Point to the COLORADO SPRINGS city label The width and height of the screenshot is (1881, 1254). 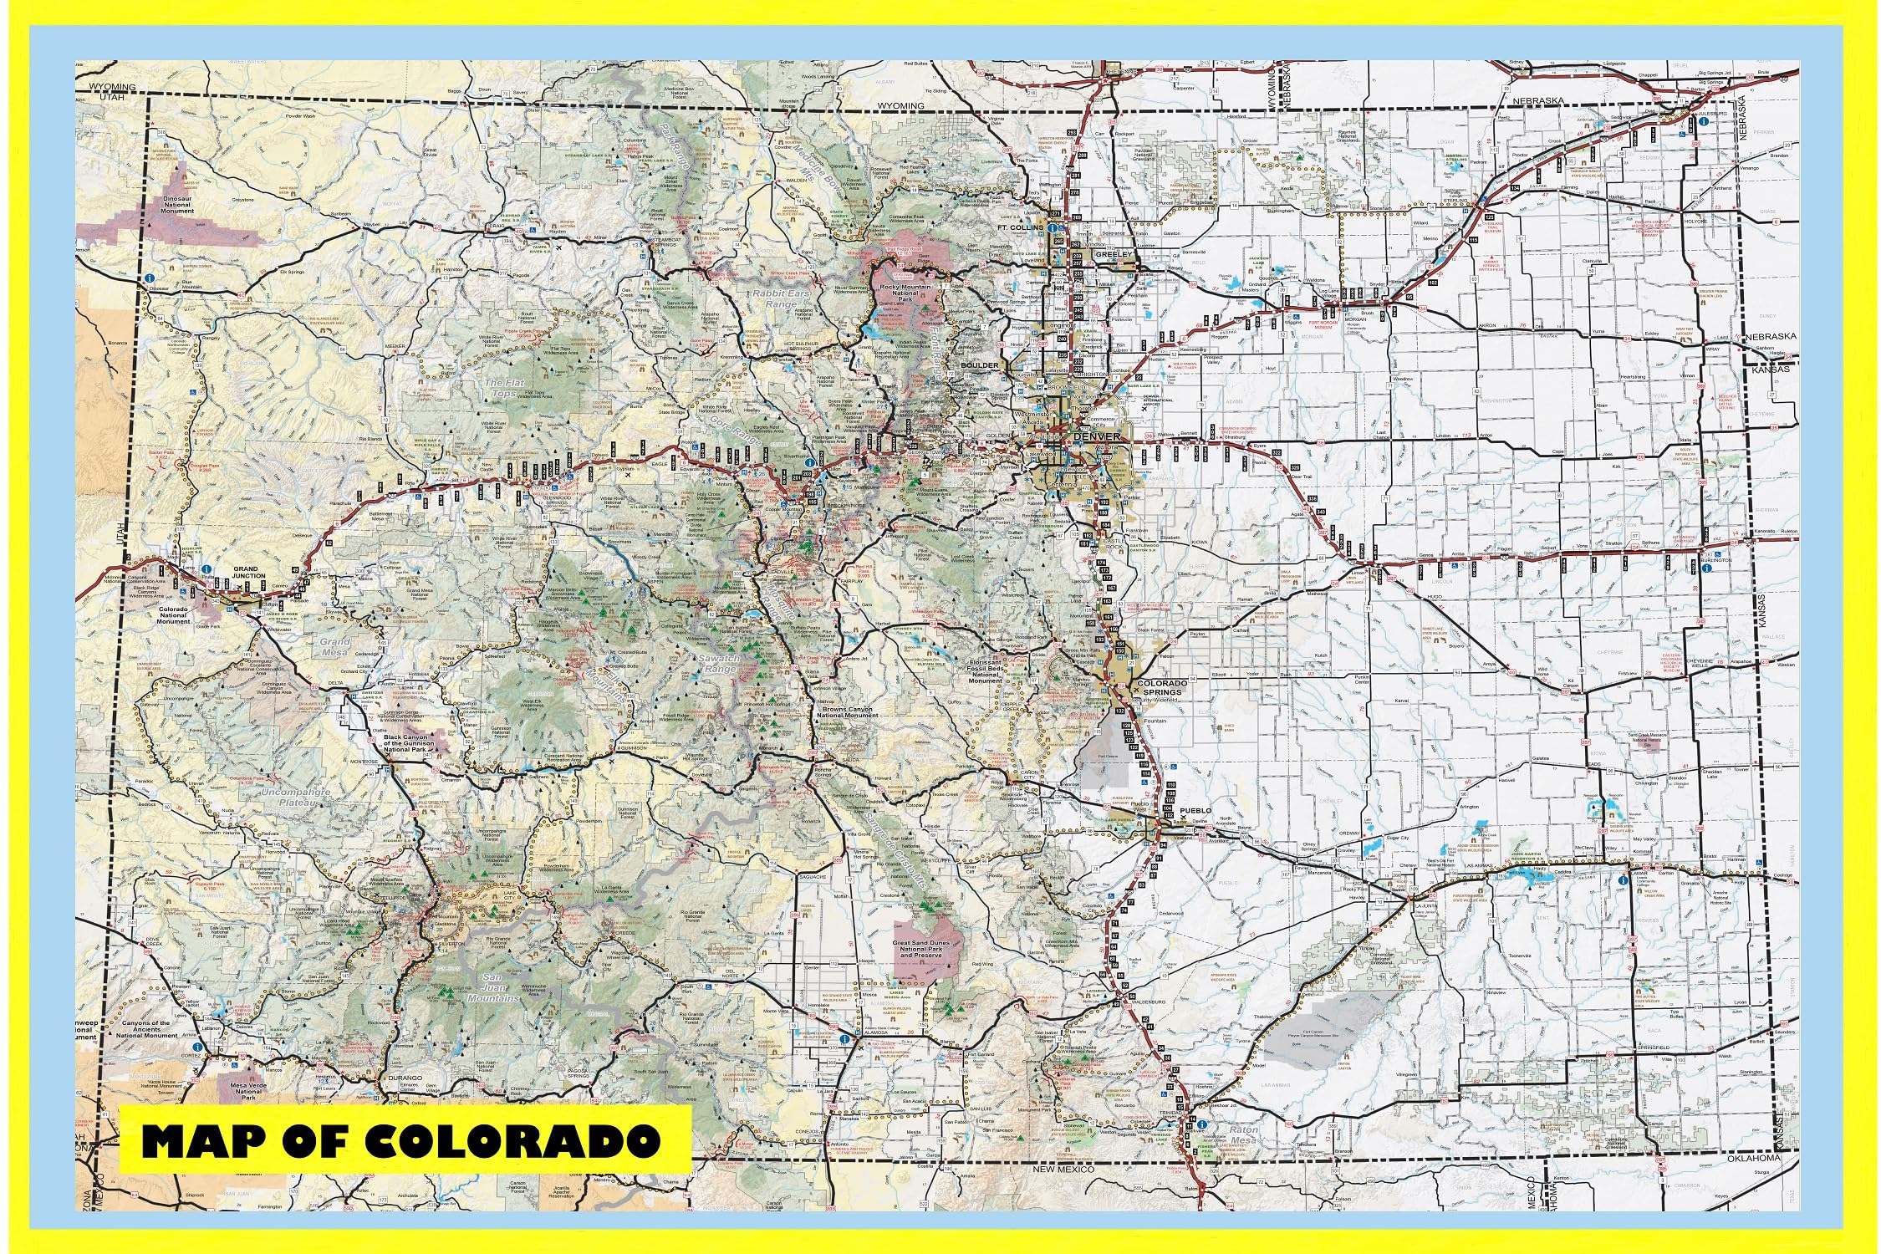1161,687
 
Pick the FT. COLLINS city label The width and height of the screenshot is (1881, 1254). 1021,227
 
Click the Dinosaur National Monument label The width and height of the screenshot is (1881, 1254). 177,204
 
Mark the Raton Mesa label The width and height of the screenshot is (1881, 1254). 1243,1134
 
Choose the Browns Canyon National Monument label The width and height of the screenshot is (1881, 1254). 848,712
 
